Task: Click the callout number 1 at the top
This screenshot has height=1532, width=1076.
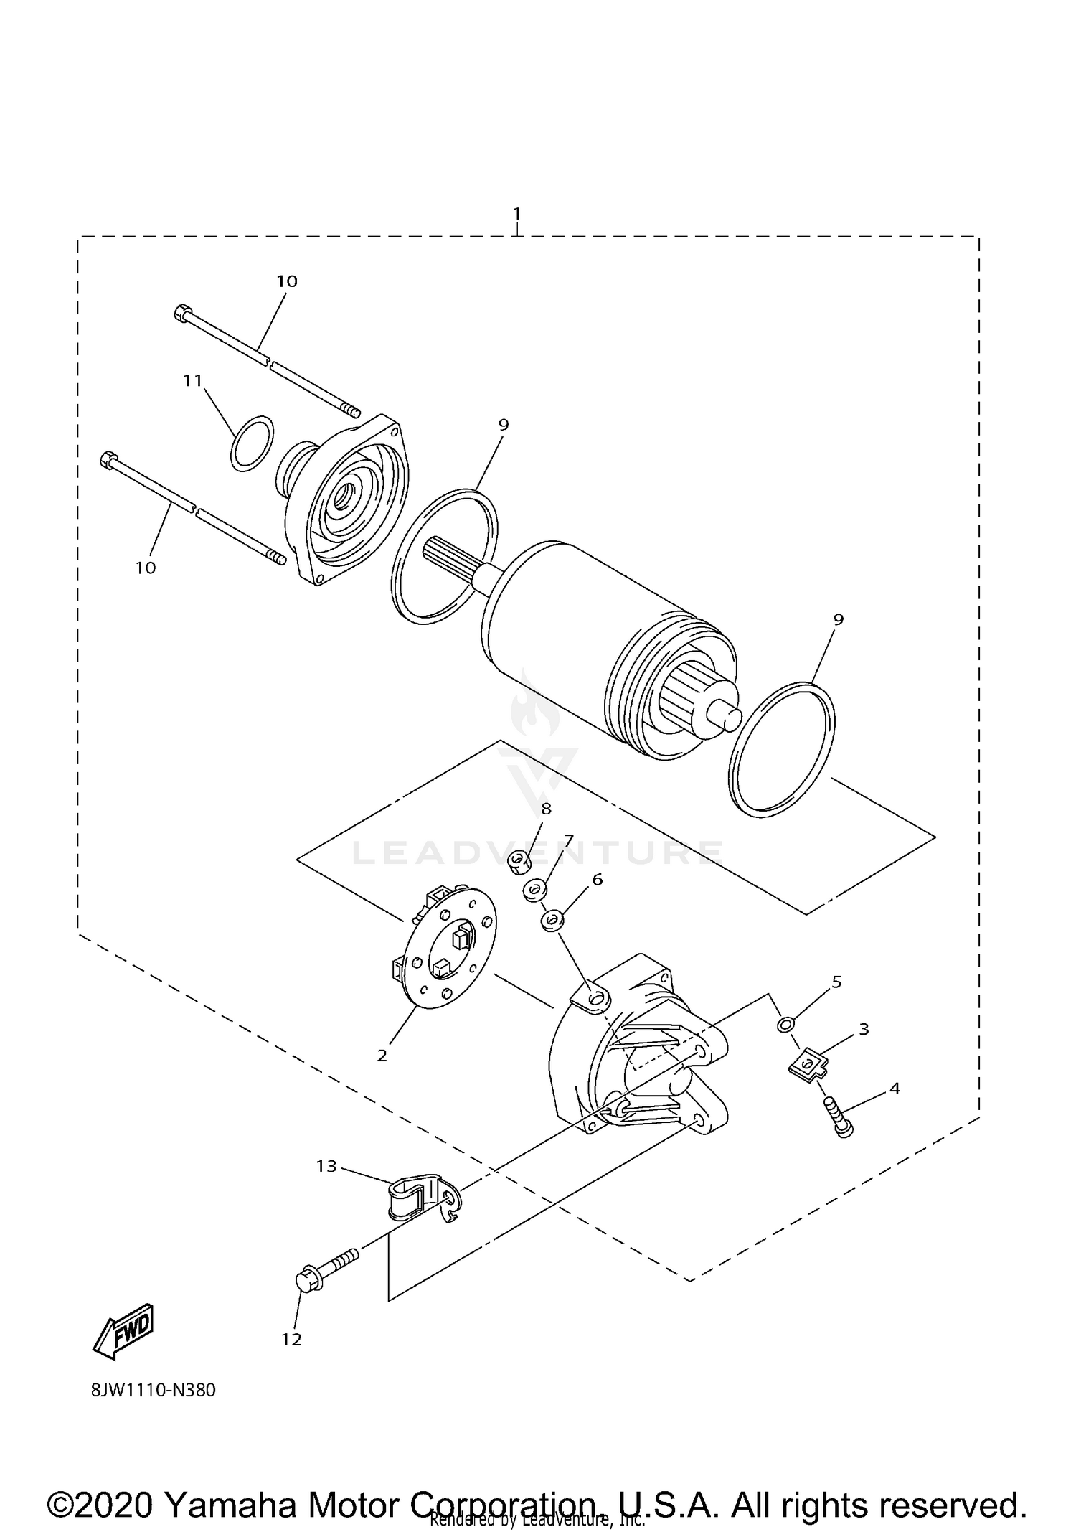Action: tap(516, 214)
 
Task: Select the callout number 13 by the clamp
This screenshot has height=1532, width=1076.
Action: tap(326, 1166)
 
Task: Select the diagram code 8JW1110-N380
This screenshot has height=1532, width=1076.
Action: tap(153, 1410)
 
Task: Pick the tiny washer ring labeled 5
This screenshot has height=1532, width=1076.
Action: tap(785, 1023)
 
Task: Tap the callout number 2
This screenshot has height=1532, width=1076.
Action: tap(382, 1056)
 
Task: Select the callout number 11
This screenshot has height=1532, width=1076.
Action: tap(192, 380)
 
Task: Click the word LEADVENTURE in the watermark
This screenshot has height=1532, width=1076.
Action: tap(538, 852)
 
